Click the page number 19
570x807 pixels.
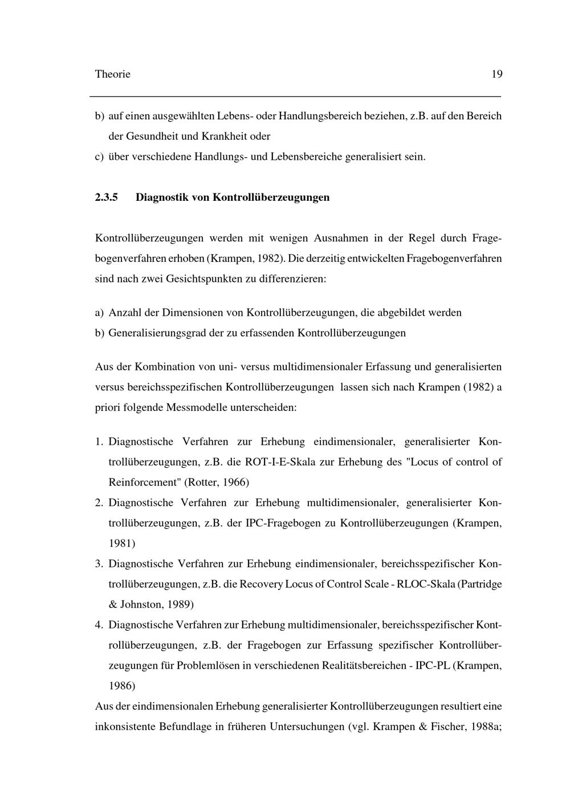click(x=496, y=74)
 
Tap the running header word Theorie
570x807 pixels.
click(x=112, y=74)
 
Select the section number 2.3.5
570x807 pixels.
click(x=106, y=197)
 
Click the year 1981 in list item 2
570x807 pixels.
click(x=121, y=543)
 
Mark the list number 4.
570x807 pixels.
click(x=99, y=625)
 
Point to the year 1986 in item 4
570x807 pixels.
click(x=121, y=686)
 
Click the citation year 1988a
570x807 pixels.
click(x=486, y=727)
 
